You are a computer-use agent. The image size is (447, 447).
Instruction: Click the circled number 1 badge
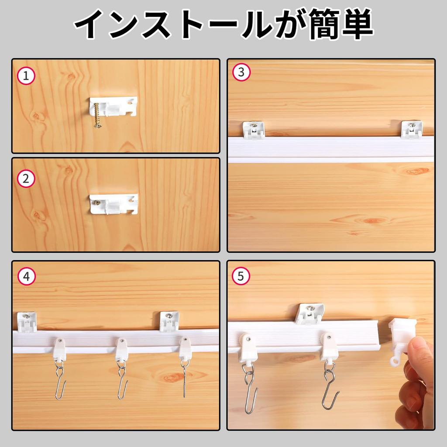pos(26,76)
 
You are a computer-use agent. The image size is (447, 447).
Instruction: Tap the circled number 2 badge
pos(26,179)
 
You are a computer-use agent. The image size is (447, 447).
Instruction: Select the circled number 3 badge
pos(241,72)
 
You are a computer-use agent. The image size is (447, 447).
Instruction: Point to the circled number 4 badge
pos(26,276)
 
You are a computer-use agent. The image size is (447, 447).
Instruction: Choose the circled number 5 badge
pos(241,276)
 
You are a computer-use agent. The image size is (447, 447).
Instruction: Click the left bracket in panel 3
pos(254,130)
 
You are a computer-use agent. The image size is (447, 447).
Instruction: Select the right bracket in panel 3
pos(412,129)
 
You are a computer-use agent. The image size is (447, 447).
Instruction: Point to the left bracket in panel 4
pos(27,321)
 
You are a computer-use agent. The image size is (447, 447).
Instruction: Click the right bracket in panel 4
pos(169,321)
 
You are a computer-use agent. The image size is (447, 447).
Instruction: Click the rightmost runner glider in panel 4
pos(185,349)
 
